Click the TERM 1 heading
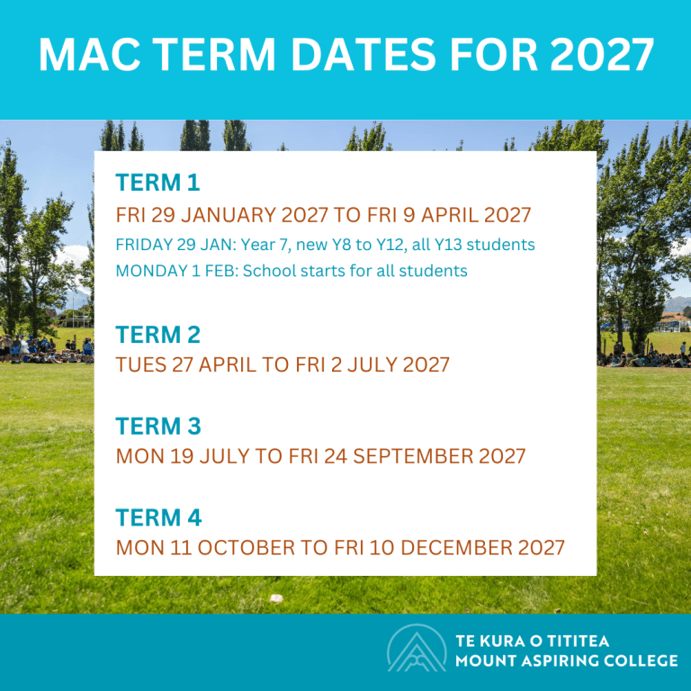[x=157, y=183]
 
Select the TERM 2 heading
[x=157, y=335]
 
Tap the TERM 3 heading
[x=158, y=426]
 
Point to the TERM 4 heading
[x=158, y=517]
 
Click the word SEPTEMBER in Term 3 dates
[x=413, y=456]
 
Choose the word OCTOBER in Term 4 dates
[x=246, y=548]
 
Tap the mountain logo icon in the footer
[x=417, y=648]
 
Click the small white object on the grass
[x=276, y=598]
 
